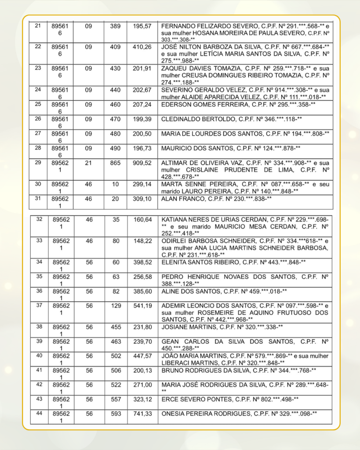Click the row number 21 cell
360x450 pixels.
click(38, 26)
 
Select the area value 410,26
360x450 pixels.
click(142, 47)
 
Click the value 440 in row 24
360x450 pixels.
click(115, 90)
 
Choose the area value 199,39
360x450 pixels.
click(142, 119)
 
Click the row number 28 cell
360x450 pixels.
click(38, 148)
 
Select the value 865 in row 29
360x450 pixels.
click(115, 163)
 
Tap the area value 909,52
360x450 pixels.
click(142, 163)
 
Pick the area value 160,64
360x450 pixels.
click(142, 219)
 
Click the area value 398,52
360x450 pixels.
click(142, 262)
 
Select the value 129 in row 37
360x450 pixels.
click(116, 305)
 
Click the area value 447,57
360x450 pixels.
click(142, 356)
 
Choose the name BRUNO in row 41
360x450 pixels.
click(173, 370)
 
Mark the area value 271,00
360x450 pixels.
click(142, 385)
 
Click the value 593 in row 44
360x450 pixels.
click(116, 414)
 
